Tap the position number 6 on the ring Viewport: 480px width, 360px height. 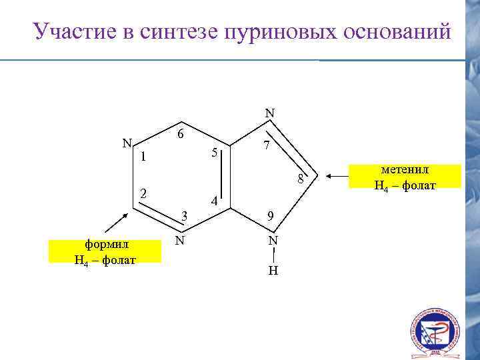(x=181, y=133)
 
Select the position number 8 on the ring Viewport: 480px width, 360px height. (x=301, y=179)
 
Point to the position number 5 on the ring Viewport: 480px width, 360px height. (x=214, y=153)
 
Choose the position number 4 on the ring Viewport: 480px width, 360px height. (x=213, y=201)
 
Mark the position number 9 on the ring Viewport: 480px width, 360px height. (x=269, y=215)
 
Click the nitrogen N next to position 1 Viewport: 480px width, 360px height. (x=126, y=142)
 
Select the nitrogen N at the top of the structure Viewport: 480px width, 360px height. (x=269, y=113)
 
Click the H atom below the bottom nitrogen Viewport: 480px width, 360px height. (x=273, y=271)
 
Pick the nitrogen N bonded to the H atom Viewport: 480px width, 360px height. (x=273, y=240)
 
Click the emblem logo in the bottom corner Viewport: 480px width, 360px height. (x=435, y=332)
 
